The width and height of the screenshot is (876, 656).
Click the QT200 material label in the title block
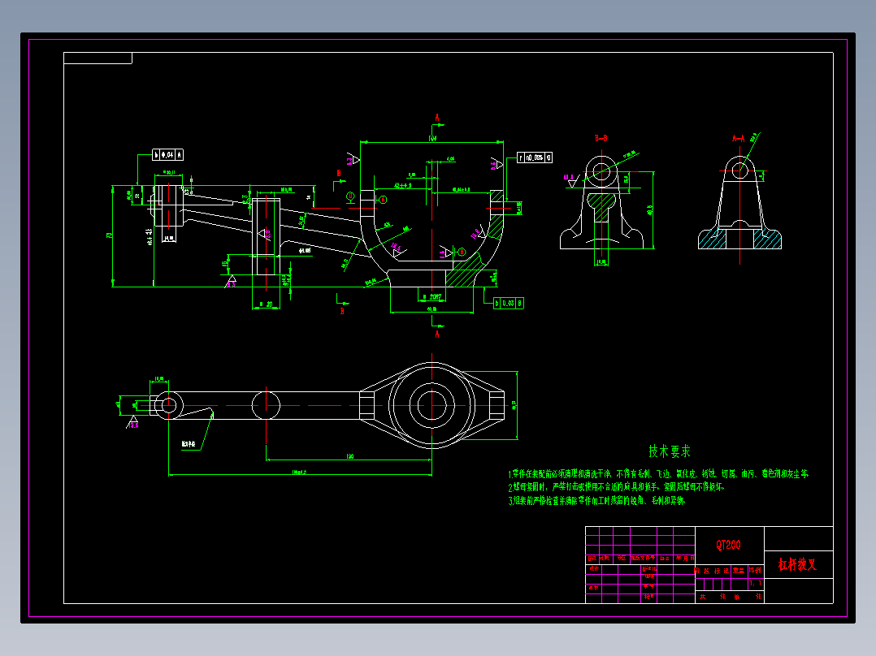pos(728,545)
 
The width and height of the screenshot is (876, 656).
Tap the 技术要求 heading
pos(669,451)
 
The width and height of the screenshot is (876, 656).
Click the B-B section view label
pos(601,139)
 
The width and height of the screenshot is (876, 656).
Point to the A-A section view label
pos(739,139)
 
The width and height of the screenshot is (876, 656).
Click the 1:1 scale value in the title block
pos(756,583)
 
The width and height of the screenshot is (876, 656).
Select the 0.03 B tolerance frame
pos(509,303)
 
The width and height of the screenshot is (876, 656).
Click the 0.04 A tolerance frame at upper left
pos(167,153)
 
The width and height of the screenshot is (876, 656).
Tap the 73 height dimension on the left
pos(109,235)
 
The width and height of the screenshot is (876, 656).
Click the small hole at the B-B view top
pos(601,171)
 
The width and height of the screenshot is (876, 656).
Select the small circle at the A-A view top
pos(739,170)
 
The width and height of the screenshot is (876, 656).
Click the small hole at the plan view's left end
pos(169,404)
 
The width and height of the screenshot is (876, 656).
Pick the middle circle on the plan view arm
pos(266,404)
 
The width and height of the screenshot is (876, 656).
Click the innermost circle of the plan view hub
pos(431,404)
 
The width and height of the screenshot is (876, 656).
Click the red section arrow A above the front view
pos(437,119)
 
